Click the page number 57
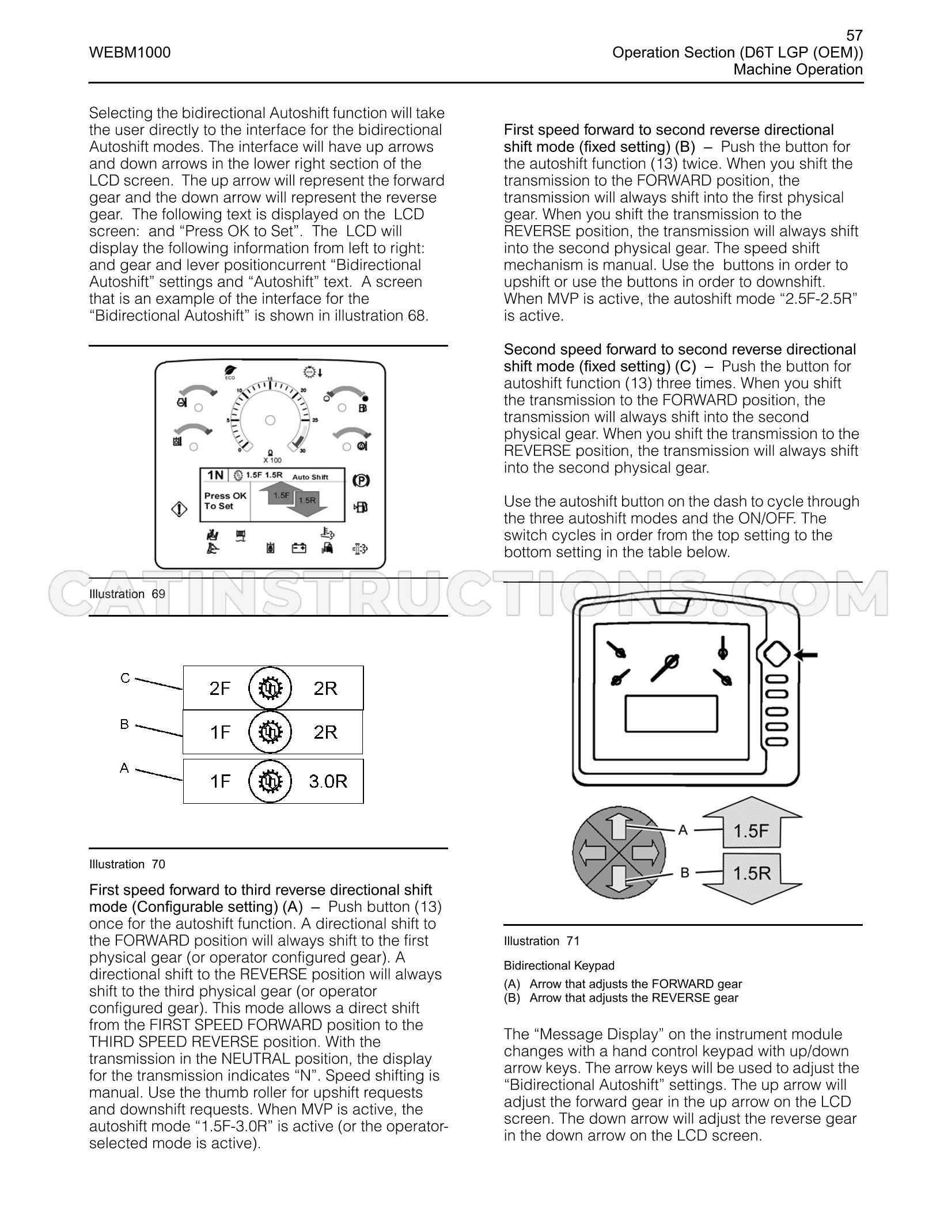(854, 36)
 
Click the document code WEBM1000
(130, 53)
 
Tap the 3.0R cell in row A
(328, 781)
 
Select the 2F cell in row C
(220, 688)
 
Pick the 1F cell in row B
(220, 732)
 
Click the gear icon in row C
(270, 688)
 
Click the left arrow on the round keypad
(592, 852)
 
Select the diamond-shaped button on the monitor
(776, 655)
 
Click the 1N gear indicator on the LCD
(215, 475)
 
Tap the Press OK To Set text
(225, 501)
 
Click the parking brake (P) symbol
(361, 480)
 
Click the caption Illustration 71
(541, 941)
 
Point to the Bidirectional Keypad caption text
(559, 966)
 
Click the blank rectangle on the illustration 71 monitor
(672, 713)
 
